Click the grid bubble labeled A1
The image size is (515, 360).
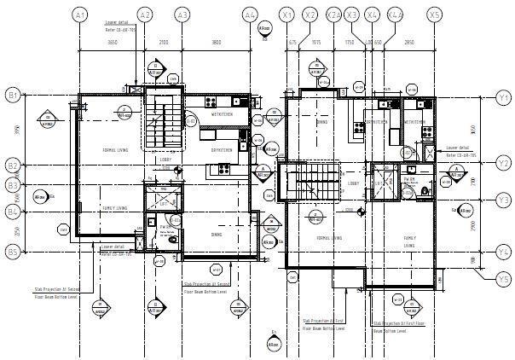(79, 15)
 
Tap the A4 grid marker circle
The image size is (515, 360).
(250, 15)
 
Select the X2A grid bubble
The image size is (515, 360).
(333, 15)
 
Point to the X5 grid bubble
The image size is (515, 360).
(435, 15)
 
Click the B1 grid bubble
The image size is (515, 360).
(13, 95)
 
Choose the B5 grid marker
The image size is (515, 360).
(13, 252)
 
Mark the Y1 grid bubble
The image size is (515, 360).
(504, 98)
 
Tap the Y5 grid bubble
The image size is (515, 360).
(504, 279)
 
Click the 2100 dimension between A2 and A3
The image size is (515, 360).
(163, 41)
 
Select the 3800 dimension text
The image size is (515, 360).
(216, 41)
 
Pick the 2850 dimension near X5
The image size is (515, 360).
(408, 41)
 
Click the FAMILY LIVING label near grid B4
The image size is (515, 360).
(114, 207)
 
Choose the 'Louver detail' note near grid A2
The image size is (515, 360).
(118, 23)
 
